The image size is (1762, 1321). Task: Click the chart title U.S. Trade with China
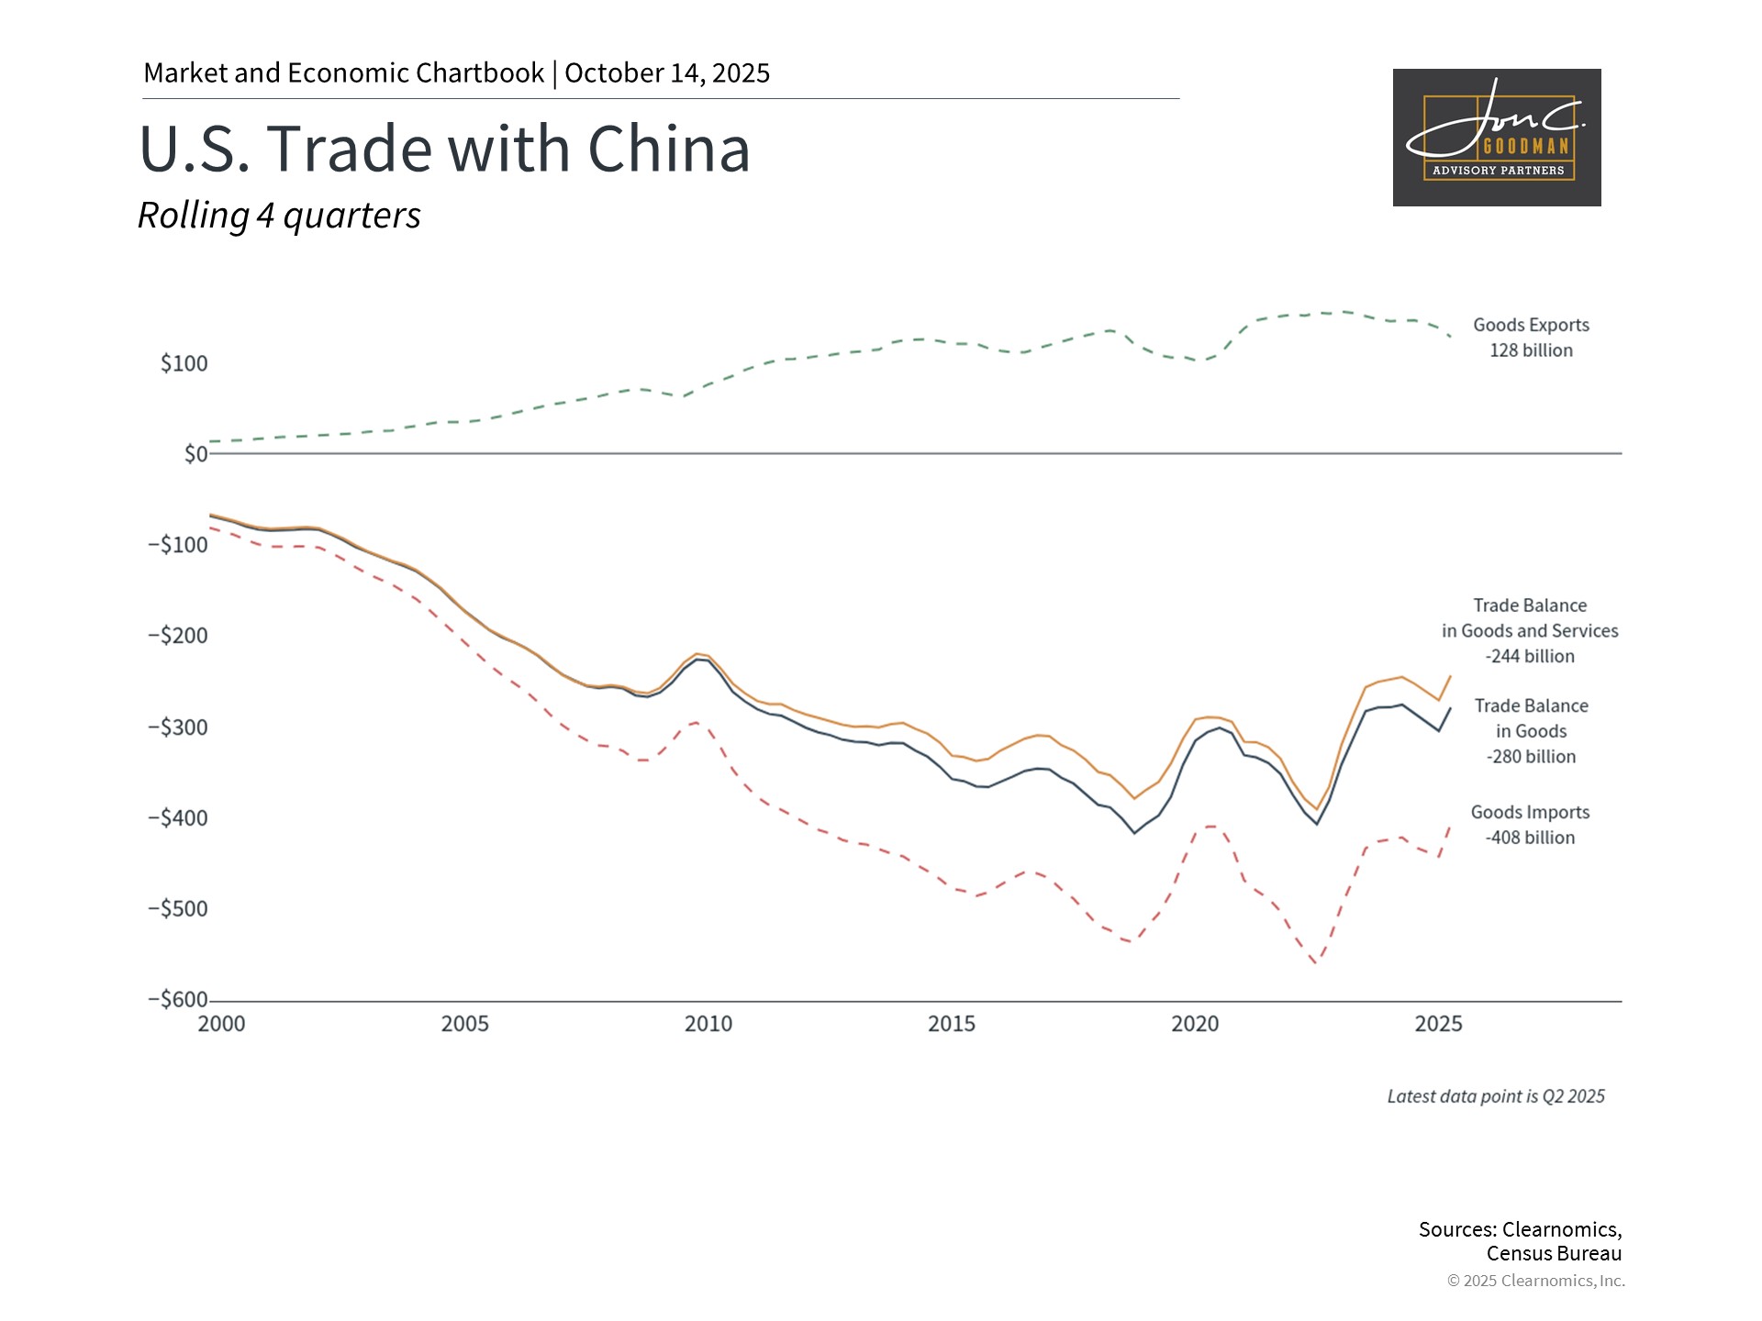[x=444, y=149]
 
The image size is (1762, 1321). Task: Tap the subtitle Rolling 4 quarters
[x=279, y=216]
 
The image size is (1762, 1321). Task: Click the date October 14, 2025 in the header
[x=667, y=73]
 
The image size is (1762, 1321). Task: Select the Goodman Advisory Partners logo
[x=1496, y=138]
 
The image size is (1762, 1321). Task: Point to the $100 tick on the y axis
[x=184, y=364]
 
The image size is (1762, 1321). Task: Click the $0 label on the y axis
[x=195, y=454]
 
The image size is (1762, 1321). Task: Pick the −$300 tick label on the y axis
[x=178, y=727]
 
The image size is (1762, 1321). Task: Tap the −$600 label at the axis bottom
[x=178, y=1000]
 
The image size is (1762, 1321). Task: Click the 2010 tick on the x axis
[x=708, y=1025]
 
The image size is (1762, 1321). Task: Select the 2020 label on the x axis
[x=1195, y=1025]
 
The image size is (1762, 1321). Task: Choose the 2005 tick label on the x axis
[x=464, y=1025]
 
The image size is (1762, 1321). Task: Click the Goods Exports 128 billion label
[x=1531, y=338]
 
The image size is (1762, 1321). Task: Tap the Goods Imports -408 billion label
[x=1530, y=825]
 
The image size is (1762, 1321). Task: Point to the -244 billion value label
[x=1530, y=657]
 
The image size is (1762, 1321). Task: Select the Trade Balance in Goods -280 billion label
[x=1531, y=731]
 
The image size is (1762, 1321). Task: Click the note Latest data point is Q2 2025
[x=1496, y=1096]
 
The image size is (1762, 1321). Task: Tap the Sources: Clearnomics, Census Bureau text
[x=1520, y=1241]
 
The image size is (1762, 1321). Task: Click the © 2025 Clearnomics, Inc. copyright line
[x=1535, y=1281]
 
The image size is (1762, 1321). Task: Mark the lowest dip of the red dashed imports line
[x=1316, y=963]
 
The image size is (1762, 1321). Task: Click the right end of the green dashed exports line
[x=1450, y=337]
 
